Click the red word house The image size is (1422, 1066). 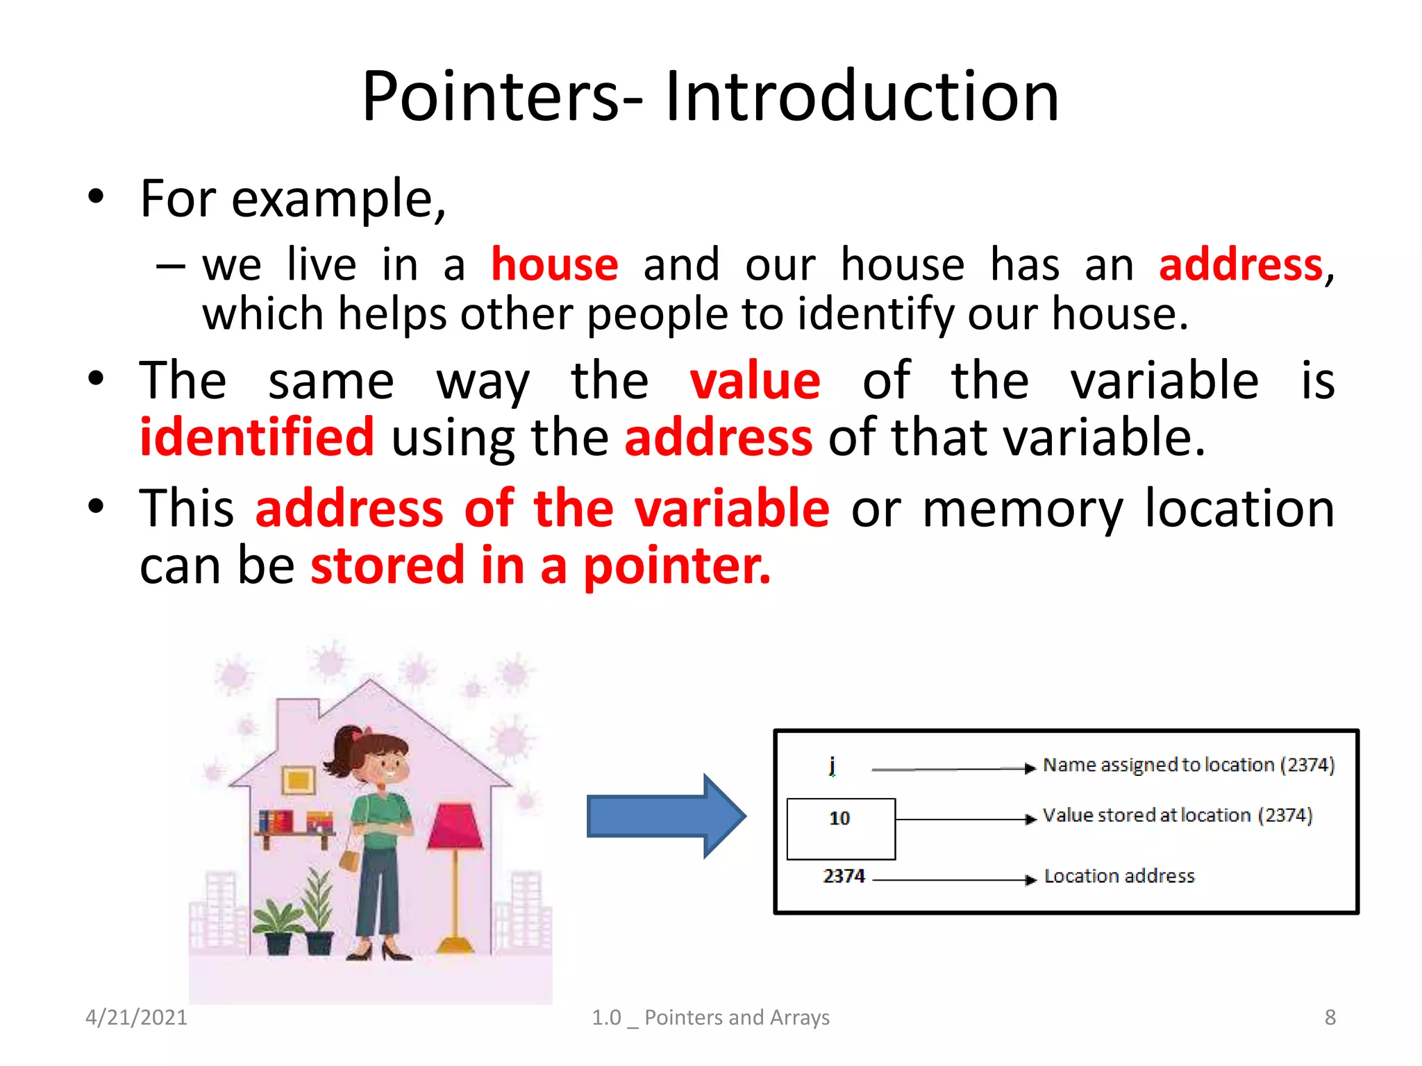pyautogui.click(x=554, y=265)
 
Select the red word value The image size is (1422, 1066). pyautogui.click(x=755, y=382)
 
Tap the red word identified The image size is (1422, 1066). pyautogui.click(x=257, y=438)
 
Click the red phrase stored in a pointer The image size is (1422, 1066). pyautogui.click(x=540, y=566)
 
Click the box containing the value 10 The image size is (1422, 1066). pyautogui.click(x=840, y=829)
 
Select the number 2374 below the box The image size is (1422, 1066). pyautogui.click(x=844, y=876)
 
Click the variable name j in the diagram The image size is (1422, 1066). pyautogui.click(x=832, y=765)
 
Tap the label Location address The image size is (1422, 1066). pyautogui.click(x=1119, y=877)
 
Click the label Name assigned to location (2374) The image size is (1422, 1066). pyautogui.click(x=1188, y=765)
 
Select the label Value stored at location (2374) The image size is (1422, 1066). pyautogui.click(x=1177, y=815)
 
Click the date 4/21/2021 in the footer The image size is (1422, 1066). pyautogui.click(x=136, y=1017)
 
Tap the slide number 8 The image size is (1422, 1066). pyautogui.click(x=1330, y=1017)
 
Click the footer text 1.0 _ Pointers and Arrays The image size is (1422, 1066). pyautogui.click(x=710, y=1017)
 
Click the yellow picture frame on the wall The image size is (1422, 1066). pyautogui.click(x=299, y=781)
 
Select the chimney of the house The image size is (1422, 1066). pyautogui.click(x=297, y=722)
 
